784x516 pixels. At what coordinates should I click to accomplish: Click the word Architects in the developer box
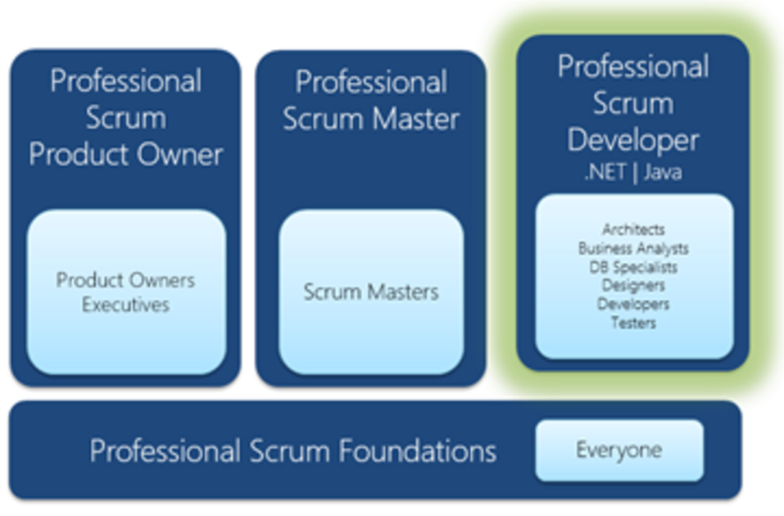633,229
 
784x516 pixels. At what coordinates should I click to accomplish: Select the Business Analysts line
633,248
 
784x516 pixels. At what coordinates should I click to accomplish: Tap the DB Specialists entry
633,267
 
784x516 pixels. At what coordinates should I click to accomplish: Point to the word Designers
633,286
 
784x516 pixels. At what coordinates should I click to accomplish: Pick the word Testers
633,323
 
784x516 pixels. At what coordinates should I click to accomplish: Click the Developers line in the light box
633,304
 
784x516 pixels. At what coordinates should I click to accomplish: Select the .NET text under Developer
605,173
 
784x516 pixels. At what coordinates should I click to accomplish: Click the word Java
663,173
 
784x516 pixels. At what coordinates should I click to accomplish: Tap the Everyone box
619,450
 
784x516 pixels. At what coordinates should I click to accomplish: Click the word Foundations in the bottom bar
418,451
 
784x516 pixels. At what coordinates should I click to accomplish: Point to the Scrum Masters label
371,292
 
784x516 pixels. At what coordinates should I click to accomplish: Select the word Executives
125,305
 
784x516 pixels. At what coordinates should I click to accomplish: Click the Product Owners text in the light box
125,280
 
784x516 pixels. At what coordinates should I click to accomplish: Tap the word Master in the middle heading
416,119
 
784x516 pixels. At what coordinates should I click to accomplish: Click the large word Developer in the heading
633,141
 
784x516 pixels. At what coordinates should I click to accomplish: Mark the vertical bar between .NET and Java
636,173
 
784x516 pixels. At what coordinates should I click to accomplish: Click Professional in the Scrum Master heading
371,82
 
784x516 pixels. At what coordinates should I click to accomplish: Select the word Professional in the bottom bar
165,451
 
